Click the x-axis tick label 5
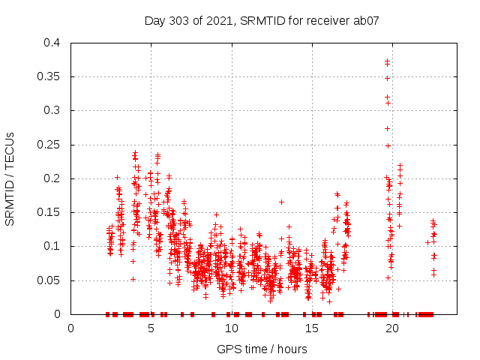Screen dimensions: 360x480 (x=151, y=328)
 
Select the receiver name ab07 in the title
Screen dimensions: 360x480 (x=364, y=20)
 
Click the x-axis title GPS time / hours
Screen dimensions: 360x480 (x=262, y=349)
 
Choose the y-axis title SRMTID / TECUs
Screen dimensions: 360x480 (x=10, y=178)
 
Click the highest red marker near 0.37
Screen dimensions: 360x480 (x=387, y=61)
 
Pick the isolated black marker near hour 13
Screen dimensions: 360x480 (x=281, y=202)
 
